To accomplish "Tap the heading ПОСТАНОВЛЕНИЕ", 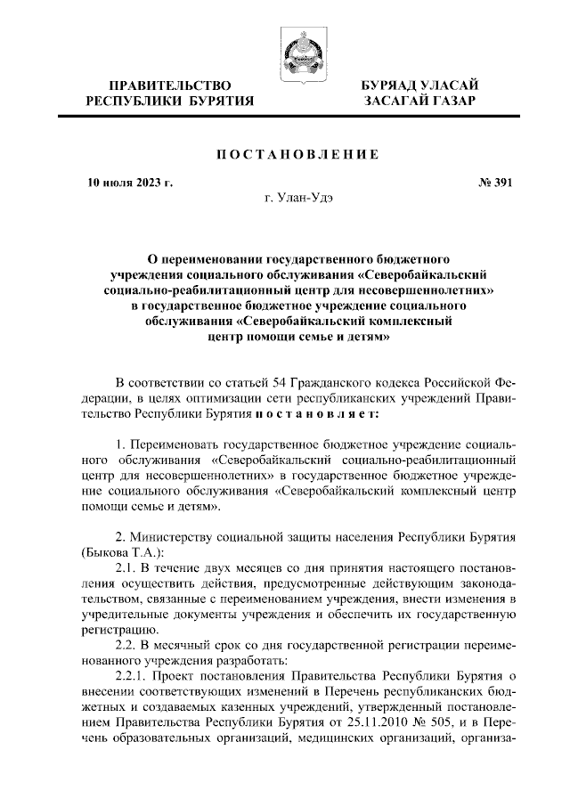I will (285, 155).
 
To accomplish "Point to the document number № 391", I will (495, 184).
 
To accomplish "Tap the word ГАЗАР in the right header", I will (449, 102).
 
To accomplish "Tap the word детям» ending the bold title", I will (367, 338).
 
